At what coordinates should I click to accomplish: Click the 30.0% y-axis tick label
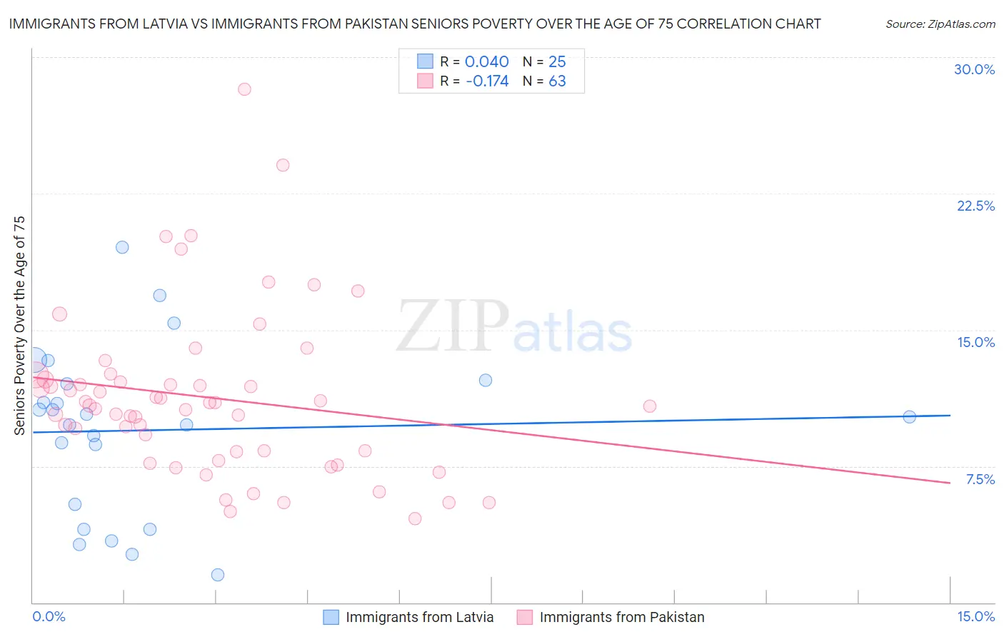click(x=974, y=69)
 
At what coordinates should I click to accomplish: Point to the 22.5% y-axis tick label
click(x=975, y=206)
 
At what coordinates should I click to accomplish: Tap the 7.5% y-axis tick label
click(x=980, y=479)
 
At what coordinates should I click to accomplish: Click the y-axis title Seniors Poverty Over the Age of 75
click(x=19, y=325)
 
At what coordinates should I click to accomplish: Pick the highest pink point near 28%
click(x=244, y=89)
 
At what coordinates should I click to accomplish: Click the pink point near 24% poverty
click(x=283, y=165)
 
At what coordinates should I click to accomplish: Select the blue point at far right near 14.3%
click(x=909, y=417)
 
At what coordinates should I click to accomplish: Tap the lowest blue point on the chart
click(x=218, y=575)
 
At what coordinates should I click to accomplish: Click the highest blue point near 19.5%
click(x=122, y=247)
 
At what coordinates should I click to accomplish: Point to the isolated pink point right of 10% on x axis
click(x=650, y=406)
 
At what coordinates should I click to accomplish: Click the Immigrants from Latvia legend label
click(x=419, y=618)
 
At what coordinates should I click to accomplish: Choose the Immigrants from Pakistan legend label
click(x=621, y=618)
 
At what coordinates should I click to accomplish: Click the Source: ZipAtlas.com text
click(x=940, y=24)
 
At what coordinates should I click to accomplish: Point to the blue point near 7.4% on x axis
click(x=486, y=380)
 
